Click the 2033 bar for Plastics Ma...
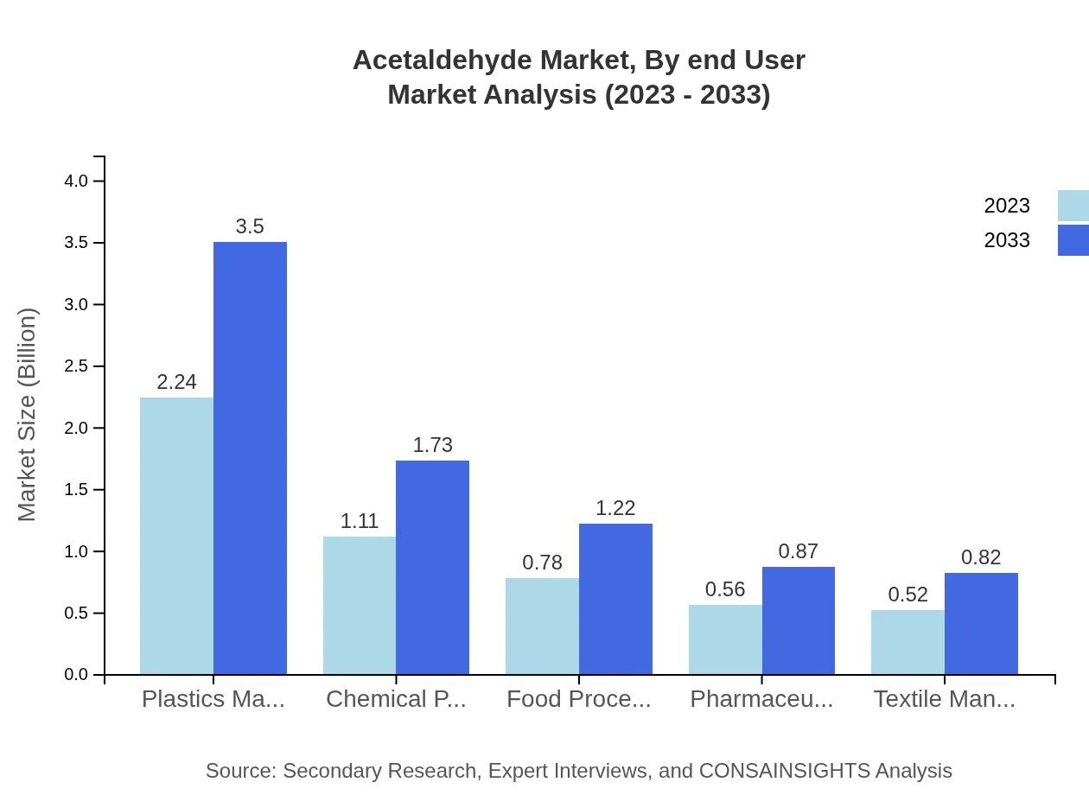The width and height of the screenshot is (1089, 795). tap(250, 458)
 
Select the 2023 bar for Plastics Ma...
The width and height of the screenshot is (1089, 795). tap(176, 536)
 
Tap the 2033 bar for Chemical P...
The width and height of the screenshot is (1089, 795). tap(432, 567)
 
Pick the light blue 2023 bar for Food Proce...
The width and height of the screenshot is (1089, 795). tap(542, 626)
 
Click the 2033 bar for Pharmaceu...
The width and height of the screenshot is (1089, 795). tap(798, 620)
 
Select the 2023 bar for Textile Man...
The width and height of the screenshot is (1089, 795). tap(907, 642)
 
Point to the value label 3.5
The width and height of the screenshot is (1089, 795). tap(250, 226)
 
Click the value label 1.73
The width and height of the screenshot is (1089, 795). tap(432, 445)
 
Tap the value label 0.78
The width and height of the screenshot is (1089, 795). tap(542, 563)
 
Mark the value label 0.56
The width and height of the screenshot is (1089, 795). tap(725, 589)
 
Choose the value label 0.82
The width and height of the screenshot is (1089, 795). tap(981, 557)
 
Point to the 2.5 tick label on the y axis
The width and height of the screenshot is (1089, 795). tap(77, 366)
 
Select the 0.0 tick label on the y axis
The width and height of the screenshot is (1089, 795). tap(77, 675)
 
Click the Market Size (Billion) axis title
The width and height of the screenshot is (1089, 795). tap(28, 415)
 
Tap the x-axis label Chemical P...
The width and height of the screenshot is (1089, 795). tap(396, 699)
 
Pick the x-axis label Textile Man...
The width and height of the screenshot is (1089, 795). tap(944, 699)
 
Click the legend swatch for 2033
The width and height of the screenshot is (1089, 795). tap(1073, 240)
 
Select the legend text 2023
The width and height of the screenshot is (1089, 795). tap(1007, 206)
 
